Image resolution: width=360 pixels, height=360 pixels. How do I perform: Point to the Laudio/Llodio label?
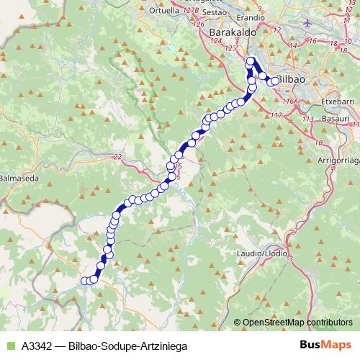click(264, 254)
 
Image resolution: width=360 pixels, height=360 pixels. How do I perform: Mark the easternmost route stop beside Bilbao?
click(274, 81)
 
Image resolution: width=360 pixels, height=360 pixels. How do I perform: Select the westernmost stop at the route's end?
click(85, 281)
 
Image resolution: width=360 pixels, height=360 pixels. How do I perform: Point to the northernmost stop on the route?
click(251, 62)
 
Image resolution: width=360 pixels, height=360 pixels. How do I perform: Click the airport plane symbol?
click(307, 21)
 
